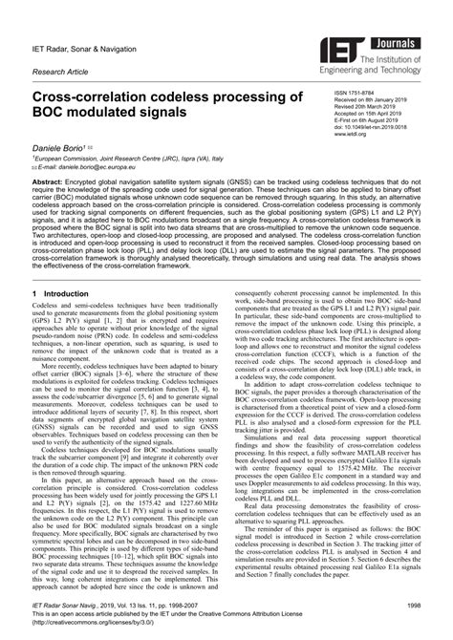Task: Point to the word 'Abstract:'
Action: point(52,180)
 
